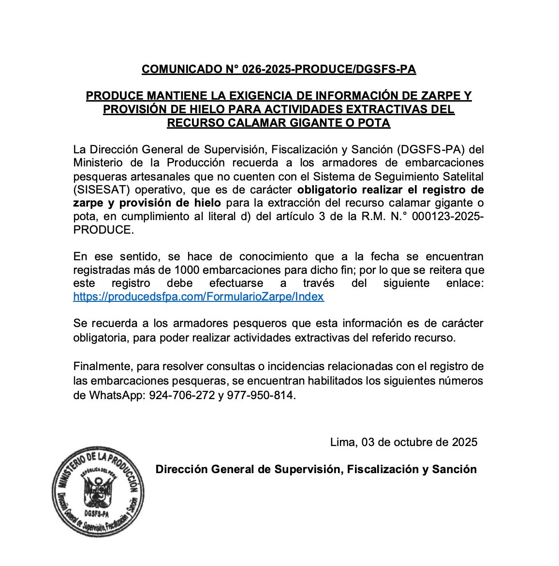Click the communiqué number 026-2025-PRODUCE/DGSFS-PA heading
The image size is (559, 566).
[x=279, y=69]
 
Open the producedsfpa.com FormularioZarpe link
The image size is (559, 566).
[x=198, y=297]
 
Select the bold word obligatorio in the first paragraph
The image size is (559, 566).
[x=327, y=189]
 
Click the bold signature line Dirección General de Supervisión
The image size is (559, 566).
[x=316, y=469]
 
